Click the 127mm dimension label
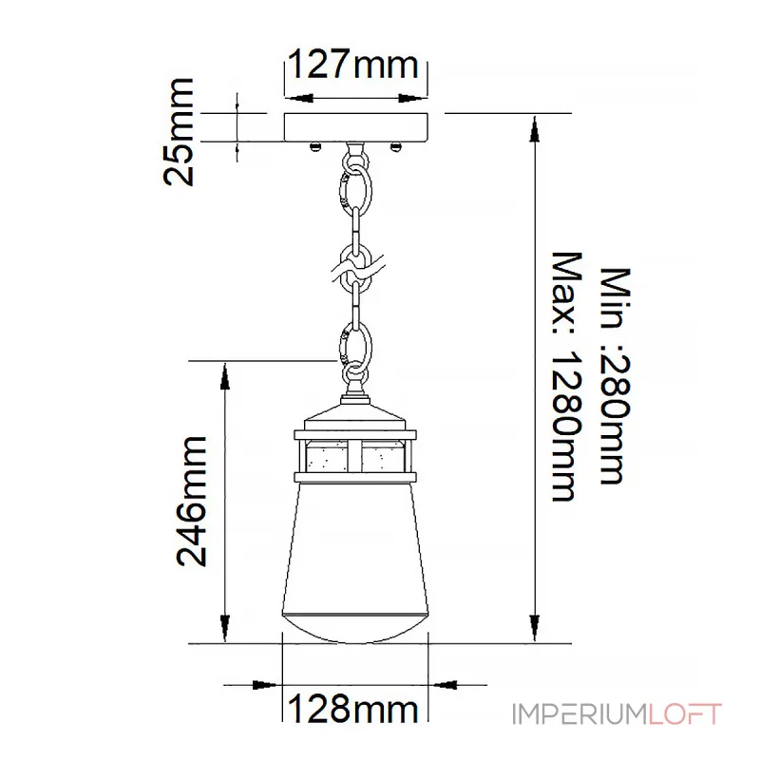pos(352,64)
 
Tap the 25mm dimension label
pos(179,132)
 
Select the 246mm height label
pos(192,502)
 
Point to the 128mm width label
pos(352,709)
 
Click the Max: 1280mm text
pos(566,376)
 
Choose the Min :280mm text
pos(616,375)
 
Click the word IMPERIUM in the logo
pos(579,714)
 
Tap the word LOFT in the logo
pos(685,714)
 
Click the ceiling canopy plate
pos(356,127)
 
